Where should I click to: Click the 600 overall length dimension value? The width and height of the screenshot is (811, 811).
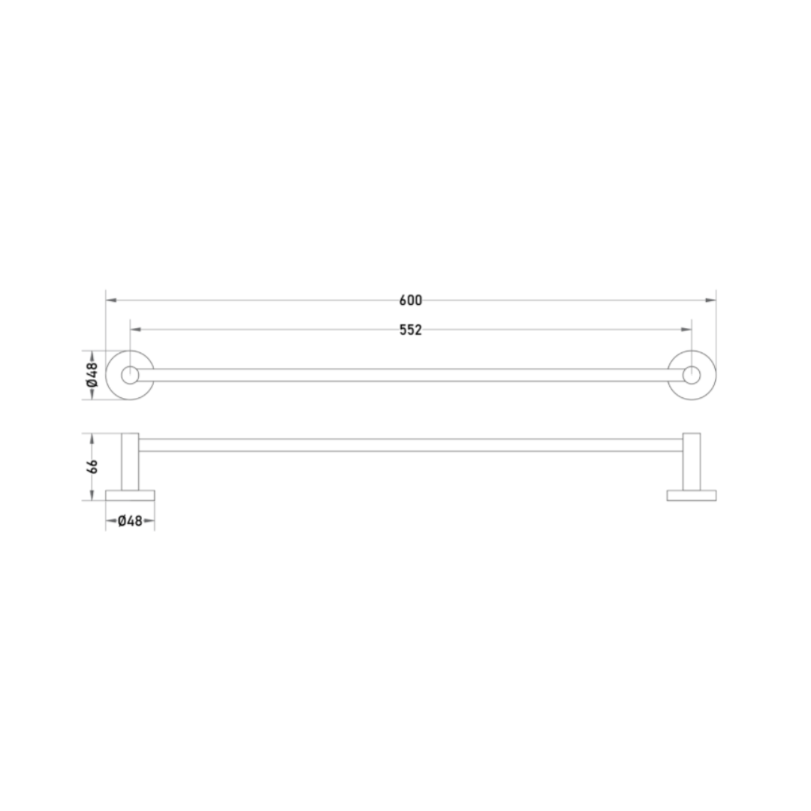[x=411, y=300]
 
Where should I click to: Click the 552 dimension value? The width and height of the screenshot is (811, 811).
[x=411, y=330]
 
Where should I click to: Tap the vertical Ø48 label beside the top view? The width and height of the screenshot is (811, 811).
[x=92, y=375]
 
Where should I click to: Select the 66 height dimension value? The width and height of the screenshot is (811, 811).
[x=92, y=466]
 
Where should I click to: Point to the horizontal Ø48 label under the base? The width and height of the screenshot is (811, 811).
[x=130, y=521]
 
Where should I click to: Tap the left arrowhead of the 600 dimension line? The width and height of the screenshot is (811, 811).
[x=111, y=300]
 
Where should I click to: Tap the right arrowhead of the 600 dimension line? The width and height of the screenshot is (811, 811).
[x=710, y=300]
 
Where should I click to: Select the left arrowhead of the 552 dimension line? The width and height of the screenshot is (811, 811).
[x=135, y=330]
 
